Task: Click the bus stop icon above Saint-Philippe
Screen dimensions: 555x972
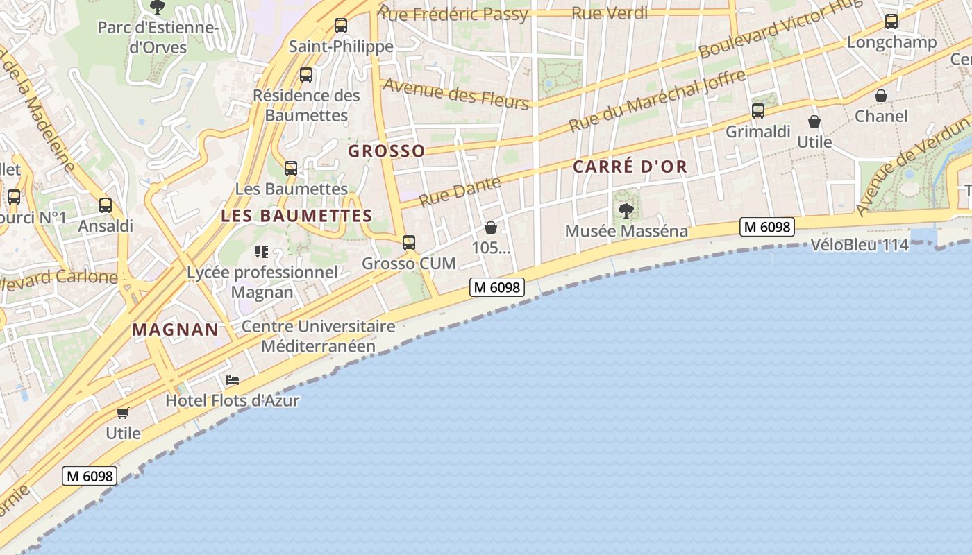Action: point(340,26)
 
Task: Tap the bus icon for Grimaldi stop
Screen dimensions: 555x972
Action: point(758,110)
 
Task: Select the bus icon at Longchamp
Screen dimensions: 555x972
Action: point(891,22)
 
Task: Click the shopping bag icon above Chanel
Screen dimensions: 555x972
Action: point(881,95)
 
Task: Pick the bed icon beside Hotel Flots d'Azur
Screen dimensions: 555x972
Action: point(233,380)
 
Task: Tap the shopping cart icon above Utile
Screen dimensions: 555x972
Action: point(123,413)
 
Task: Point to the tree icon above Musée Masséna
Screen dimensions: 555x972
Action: point(626,210)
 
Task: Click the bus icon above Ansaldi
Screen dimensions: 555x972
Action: point(106,205)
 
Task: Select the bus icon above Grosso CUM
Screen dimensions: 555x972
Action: point(409,242)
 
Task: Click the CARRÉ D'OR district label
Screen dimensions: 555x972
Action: point(630,166)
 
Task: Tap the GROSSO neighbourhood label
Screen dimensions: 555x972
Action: point(386,151)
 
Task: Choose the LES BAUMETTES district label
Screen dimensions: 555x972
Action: point(296,216)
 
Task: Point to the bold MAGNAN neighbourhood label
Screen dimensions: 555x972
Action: point(175,330)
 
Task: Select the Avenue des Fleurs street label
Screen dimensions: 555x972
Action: point(455,93)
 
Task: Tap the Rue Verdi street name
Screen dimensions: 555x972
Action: point(610,12)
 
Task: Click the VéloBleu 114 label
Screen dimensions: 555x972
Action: point(860,244)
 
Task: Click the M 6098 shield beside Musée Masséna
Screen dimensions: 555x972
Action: point(766,227)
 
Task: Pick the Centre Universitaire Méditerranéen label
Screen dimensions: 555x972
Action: point(318,336)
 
